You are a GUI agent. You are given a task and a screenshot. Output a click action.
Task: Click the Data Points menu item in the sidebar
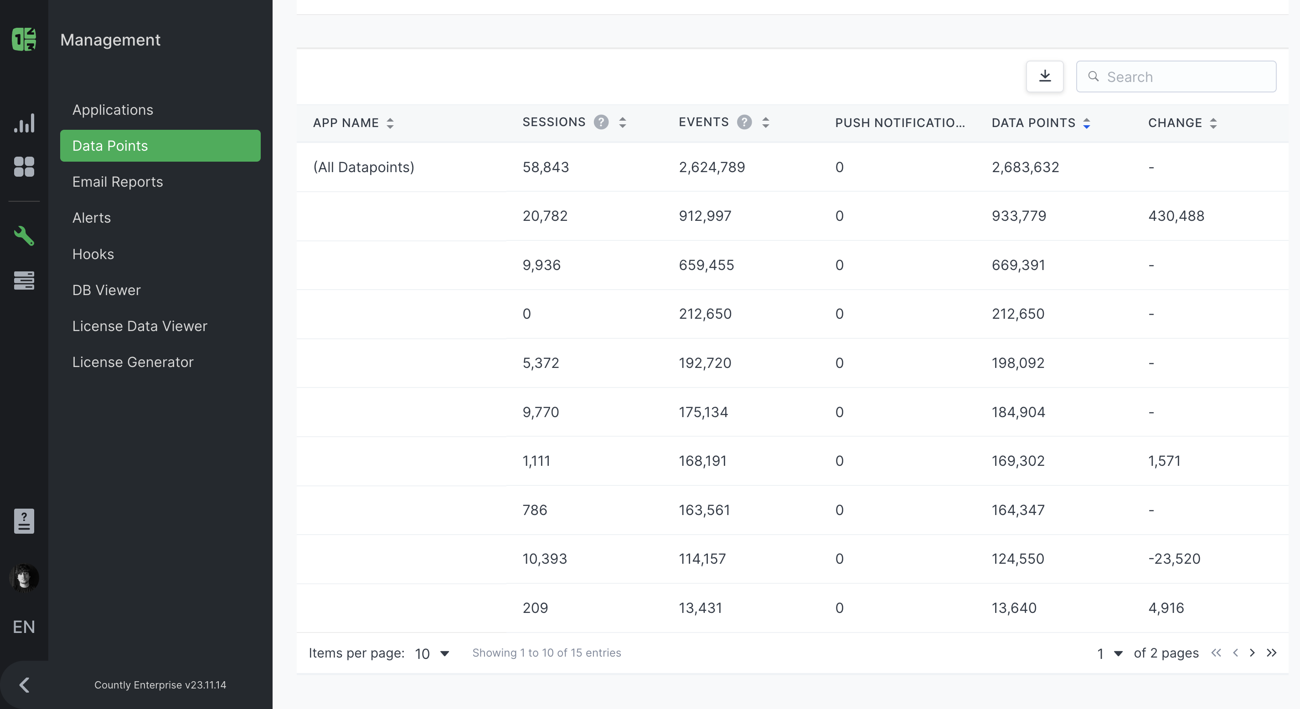[x=160, y=146]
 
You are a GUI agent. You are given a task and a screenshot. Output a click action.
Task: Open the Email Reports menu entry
[x=118, y=182]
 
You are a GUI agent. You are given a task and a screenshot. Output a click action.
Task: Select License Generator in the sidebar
[x=133, y=362]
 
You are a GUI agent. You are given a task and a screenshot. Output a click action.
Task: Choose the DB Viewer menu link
[x=107, y=290]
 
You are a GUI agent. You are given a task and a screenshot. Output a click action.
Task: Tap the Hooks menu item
[x=93, y=254]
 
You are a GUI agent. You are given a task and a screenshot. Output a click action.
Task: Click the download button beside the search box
[x=1045, y=77]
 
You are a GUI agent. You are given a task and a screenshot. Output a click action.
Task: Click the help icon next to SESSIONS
[x=601, y=122]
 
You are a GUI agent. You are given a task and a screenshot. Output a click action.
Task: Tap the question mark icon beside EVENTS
[x=744, y=122]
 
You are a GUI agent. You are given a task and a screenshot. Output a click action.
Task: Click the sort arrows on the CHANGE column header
[x=1213, y=123]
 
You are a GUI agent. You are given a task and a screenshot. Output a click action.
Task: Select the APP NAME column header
[x=346, y=123]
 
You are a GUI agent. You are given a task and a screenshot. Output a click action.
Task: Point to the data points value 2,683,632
[x=1025, y=167]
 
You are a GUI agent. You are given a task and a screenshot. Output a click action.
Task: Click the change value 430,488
[x=1176, y=216]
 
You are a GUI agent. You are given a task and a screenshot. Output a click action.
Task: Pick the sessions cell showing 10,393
[x=545, y=559]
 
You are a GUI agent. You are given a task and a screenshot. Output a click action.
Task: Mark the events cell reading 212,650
[x=705, y=314]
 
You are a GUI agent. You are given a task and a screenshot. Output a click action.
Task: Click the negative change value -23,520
[x=1174, y=559]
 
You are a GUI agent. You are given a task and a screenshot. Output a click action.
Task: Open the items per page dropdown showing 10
[x=432, y=653]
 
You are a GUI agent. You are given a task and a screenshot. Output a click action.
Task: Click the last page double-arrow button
[x=1271, y=653]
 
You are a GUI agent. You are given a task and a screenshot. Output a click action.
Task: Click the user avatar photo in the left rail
[x=24, y=577]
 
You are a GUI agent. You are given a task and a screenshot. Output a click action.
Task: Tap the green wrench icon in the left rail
[x=24, y=235]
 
